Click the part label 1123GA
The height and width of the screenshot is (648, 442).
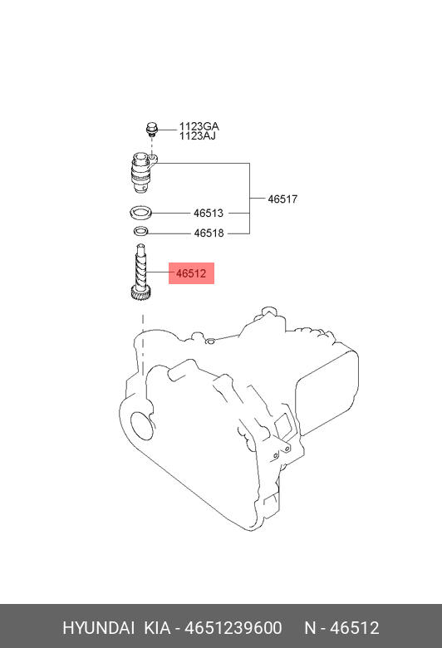point(199,126)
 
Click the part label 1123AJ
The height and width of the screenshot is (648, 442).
point(197,136)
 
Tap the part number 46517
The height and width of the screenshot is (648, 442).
point(282,199)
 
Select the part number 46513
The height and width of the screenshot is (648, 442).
point(209,214)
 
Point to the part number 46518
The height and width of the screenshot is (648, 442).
point(209,233)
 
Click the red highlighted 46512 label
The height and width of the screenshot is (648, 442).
point(191,273)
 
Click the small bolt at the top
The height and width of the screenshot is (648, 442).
point(151,129)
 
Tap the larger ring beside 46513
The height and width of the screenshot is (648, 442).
point(140,213)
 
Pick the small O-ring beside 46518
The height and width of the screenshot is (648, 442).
point(141,232)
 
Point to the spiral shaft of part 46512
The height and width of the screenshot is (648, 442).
point(140,267)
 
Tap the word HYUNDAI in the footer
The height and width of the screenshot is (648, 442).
point(98,628)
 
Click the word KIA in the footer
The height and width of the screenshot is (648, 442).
point(157,628)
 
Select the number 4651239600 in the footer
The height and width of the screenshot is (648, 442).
point(233,628)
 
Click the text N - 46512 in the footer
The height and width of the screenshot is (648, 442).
point(341,628)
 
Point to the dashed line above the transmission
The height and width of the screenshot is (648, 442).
point(143,344)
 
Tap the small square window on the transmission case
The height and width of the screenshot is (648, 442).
point(283,425)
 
